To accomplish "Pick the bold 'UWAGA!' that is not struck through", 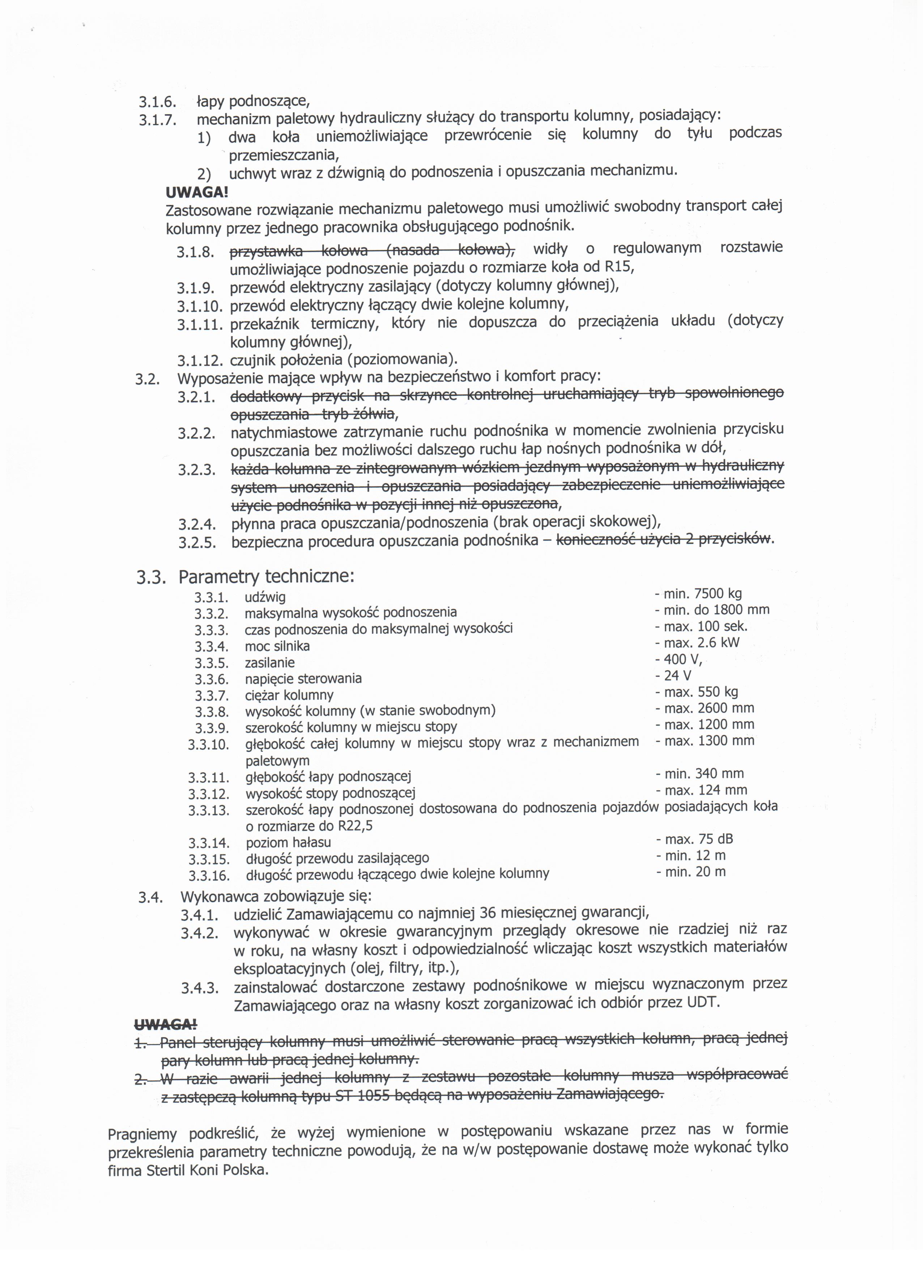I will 197,192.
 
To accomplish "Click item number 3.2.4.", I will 197,524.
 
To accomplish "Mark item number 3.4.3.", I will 199,988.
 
